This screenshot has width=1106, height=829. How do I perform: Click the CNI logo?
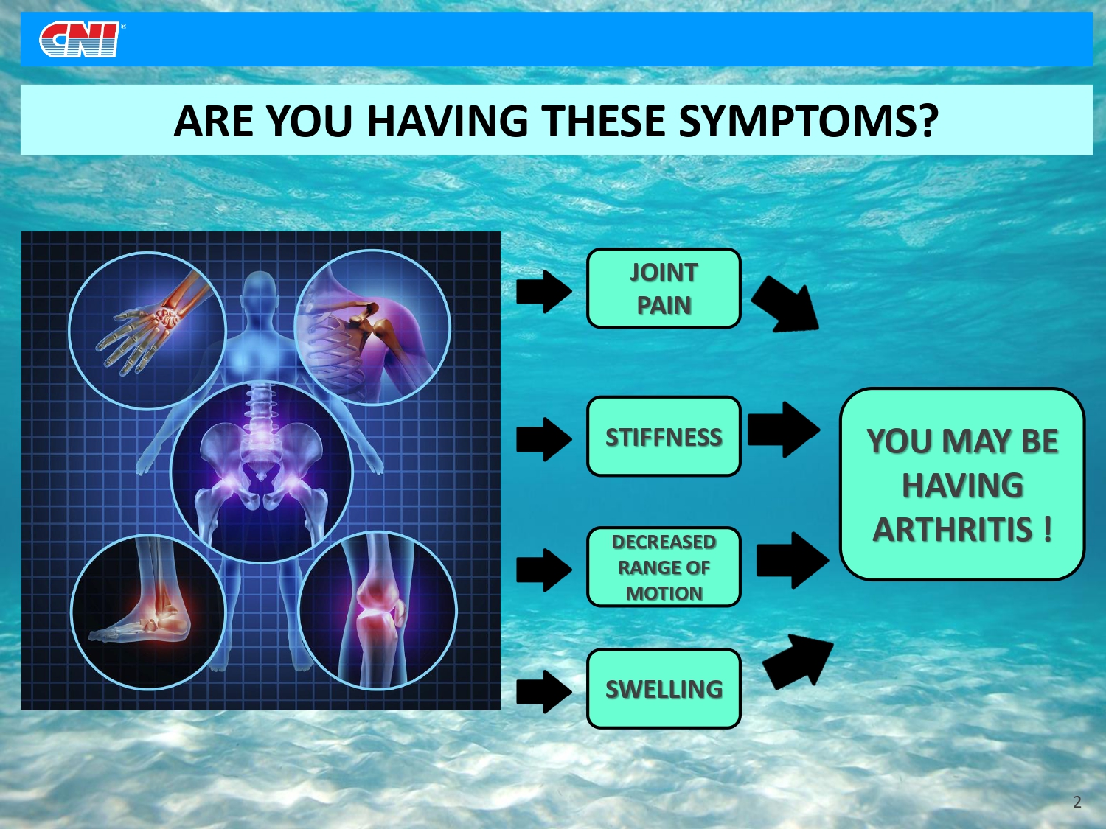coord(80,39)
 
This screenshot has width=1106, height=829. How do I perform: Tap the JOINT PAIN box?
coord(664,288)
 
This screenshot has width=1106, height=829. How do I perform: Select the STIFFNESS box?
coord(664,436)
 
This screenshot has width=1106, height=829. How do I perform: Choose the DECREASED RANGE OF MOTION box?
coord(664,567)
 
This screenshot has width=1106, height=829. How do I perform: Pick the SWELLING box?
coord(664,688)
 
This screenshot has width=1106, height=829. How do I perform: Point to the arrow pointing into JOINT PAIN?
coord(544,291)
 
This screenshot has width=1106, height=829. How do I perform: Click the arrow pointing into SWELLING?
coord(544,692)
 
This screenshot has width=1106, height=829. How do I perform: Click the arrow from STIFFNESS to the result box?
coord(784,430)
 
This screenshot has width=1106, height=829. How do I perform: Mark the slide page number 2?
coord(1077,802)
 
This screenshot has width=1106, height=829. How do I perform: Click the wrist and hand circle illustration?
coord(147,331)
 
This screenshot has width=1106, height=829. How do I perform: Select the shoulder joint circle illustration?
coord(372,327)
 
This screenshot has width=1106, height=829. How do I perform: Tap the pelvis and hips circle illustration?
coord(262,472)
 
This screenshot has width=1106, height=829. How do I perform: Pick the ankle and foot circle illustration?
coord(148,612)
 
